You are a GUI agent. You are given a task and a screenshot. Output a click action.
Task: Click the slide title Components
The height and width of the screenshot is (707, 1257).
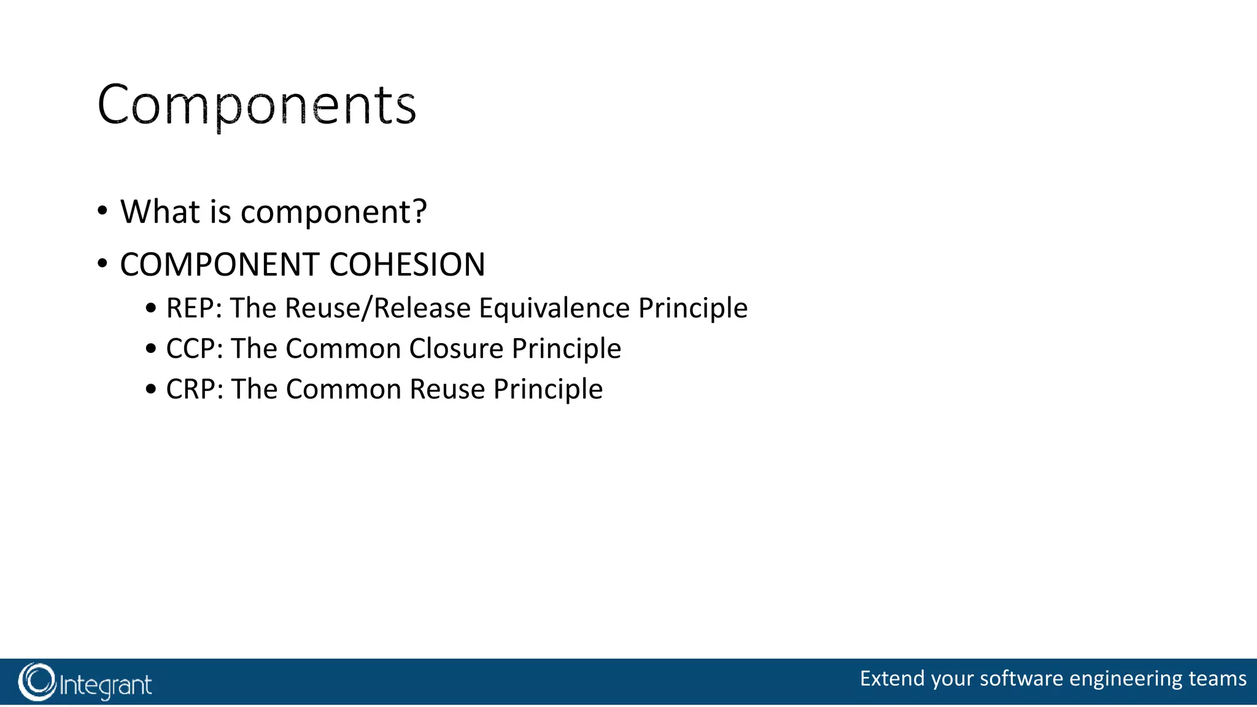pyautogui.click(x=257, y=106)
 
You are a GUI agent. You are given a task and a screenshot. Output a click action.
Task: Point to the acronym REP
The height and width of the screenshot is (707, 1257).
pyautogui.click(x=188, y=308)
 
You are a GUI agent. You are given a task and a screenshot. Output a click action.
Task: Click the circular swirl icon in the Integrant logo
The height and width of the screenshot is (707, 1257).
pyautogui.click(x=37, y=682)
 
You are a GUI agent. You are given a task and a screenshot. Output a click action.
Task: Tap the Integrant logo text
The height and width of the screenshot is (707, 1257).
pyautogui.click(x=106, y=685)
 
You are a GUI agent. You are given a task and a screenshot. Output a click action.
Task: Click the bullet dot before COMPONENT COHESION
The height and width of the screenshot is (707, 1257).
pyautogui.click(x=102, y=265)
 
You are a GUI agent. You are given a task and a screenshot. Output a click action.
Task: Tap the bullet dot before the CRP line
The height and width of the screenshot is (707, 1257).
pyautogui.click(x=151, y=390)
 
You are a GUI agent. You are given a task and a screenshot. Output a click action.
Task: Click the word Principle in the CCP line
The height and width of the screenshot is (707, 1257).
pyautogui.click(x=567, y=349)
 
